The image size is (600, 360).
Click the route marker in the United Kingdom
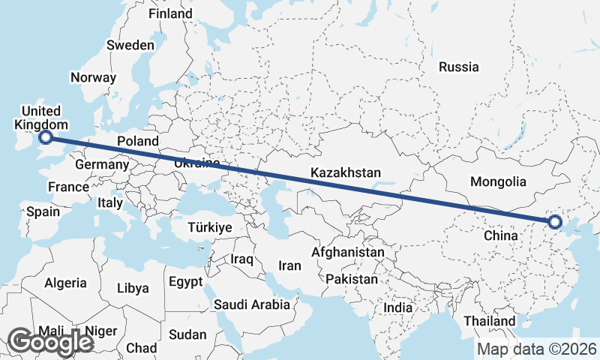point(46,137)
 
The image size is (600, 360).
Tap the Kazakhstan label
point(346,173)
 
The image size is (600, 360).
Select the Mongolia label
point(497,181)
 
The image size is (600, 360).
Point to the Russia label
point(458,67)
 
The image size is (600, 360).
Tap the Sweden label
point(130,45)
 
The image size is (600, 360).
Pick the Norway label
point(93,77)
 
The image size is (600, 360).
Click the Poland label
point(138,141)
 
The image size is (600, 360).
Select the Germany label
point(102,164)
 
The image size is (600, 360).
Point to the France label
point(68,187)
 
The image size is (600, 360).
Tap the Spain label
point(43,211)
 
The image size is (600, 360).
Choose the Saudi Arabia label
point(251,304)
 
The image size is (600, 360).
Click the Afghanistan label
point(348,253)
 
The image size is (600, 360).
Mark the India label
point(397,307)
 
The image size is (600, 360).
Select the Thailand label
point(489,321)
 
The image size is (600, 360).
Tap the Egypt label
point(185,282)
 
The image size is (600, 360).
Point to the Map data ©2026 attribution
point(537,349)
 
